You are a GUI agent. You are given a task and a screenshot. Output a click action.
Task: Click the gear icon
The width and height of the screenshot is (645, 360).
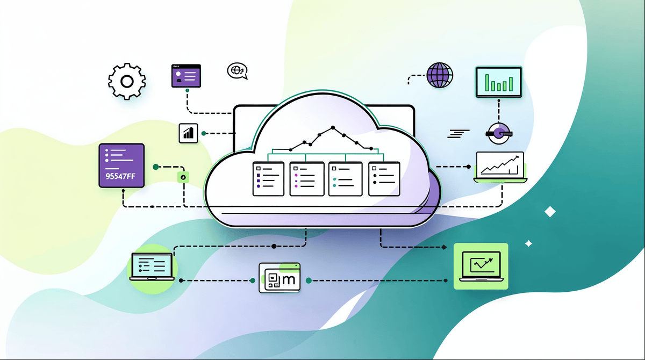[127, 82]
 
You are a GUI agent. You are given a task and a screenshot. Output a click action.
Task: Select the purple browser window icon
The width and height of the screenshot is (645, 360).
[185, 76]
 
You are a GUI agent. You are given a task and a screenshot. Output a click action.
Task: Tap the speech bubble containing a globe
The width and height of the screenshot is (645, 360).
[237, 71]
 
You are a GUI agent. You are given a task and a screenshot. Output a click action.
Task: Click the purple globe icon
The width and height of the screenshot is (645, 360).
[440, 75]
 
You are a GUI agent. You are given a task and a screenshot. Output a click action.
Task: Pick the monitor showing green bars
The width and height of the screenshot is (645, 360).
[499, 82]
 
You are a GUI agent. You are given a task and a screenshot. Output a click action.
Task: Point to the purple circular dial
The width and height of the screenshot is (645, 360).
[498, 132]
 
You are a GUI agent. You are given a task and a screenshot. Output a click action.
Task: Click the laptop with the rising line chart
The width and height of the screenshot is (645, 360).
[499, 165]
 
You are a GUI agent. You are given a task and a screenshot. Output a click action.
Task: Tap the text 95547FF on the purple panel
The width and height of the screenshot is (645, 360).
[121, 175]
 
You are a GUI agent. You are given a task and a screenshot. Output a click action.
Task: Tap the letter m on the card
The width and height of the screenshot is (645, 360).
[289, 279]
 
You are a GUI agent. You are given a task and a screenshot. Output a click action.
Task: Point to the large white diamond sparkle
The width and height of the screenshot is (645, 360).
[549, 211]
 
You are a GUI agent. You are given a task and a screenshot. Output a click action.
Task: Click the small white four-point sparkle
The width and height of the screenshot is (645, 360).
[528, 243]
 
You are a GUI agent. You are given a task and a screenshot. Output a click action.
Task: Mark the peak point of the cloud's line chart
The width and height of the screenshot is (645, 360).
[333, 128]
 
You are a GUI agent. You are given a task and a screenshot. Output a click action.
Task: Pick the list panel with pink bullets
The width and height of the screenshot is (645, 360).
[306, 178]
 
